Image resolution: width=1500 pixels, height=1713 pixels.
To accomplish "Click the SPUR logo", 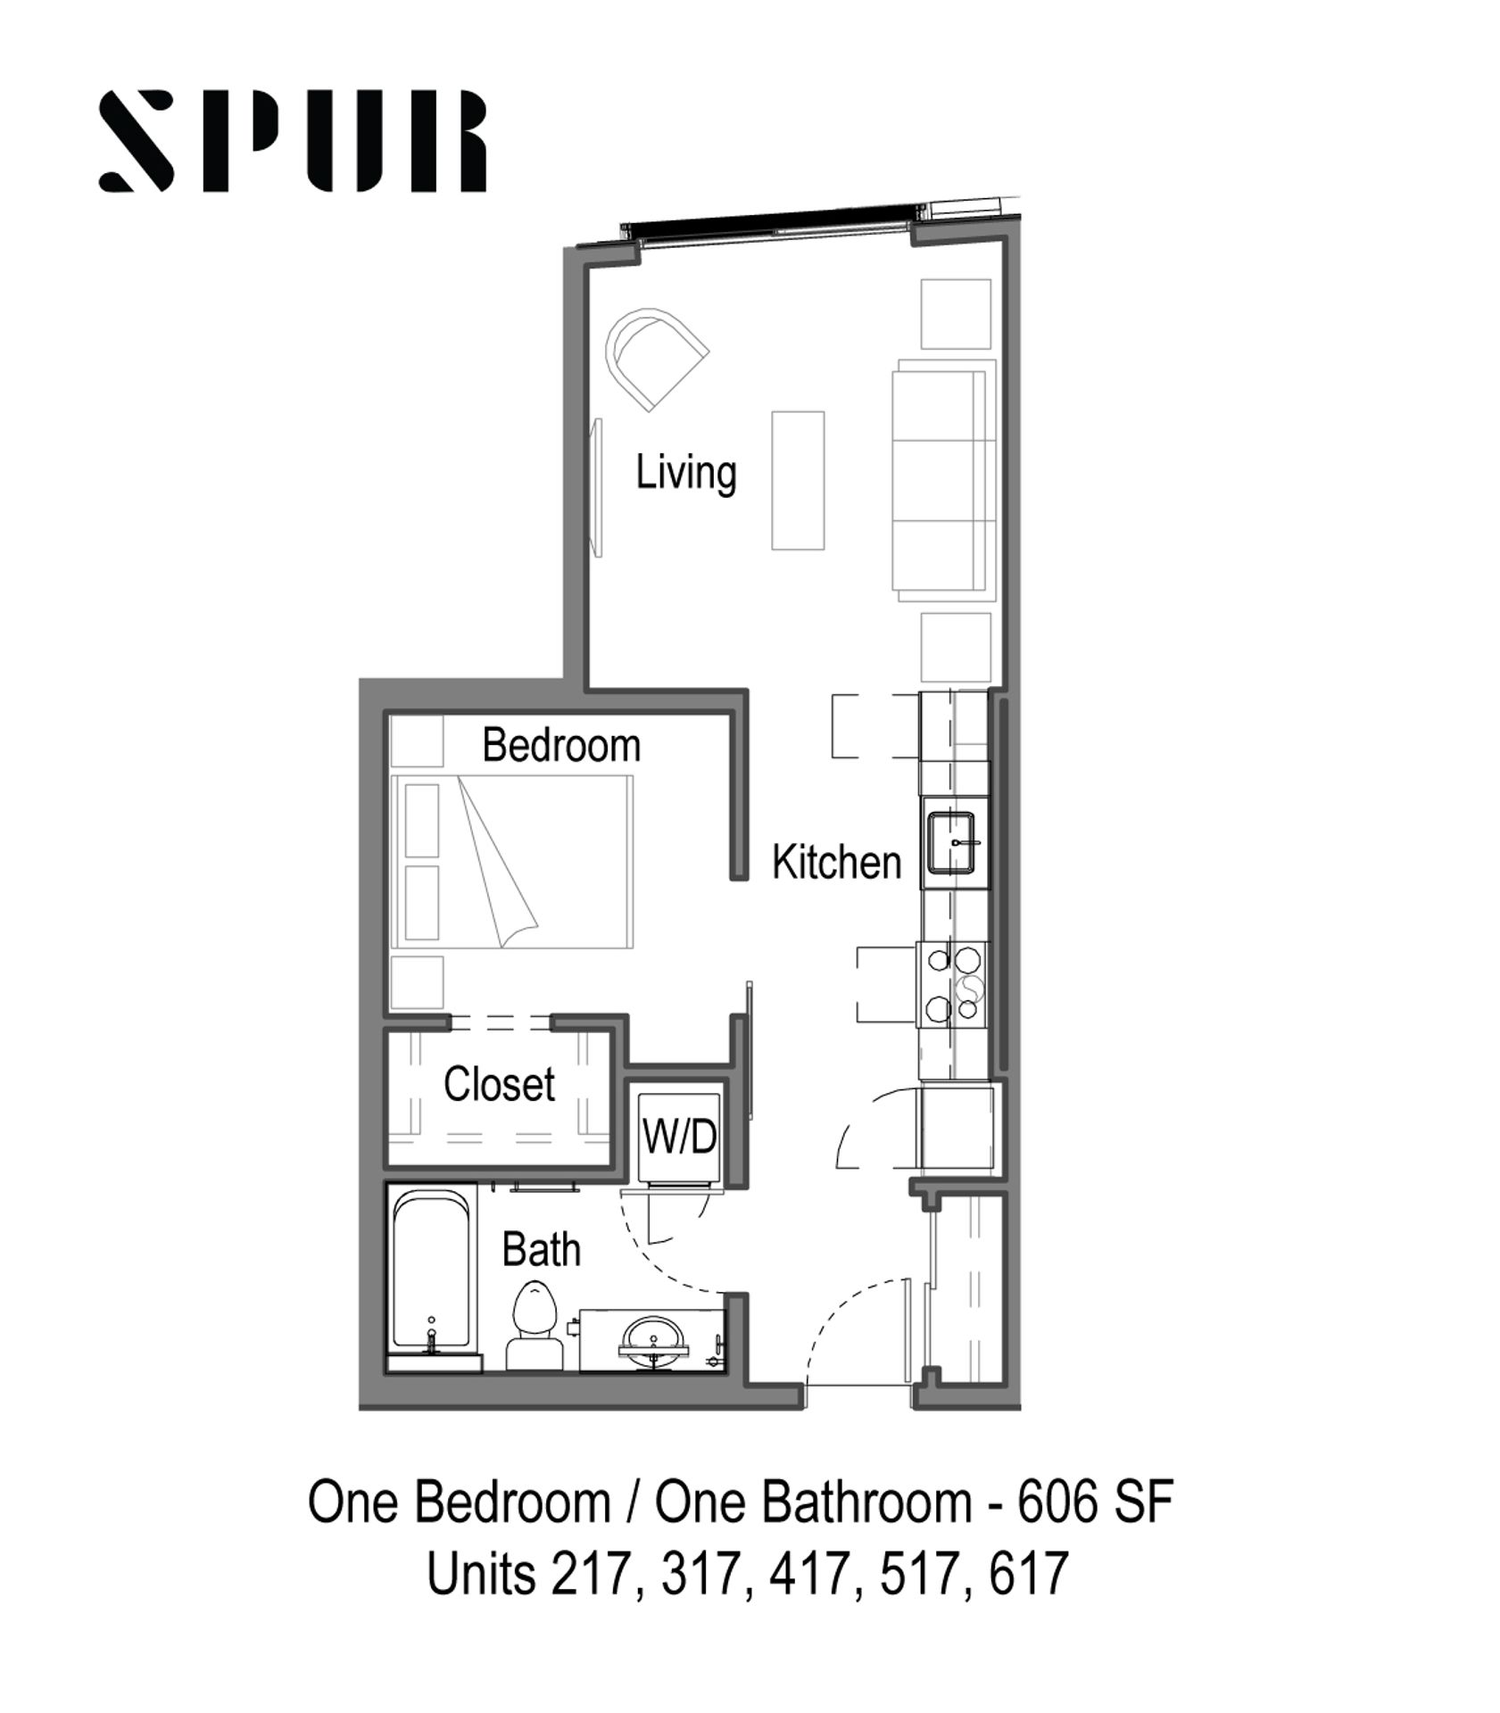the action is [x=293, y=141].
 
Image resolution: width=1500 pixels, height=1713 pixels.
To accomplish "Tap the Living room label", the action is [x=685, y=473].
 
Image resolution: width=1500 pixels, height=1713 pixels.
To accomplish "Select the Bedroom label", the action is [x=561, y=745].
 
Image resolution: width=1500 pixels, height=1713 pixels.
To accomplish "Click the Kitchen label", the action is [x=836, y=863].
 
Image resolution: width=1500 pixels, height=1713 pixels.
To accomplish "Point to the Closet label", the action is [x=499, y=1084].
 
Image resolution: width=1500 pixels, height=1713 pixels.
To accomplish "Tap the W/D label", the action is [x=680, y=1138].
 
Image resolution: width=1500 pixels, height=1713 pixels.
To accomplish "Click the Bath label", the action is [x=541, y=1249].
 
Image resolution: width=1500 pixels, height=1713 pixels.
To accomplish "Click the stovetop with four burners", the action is [x=953, y=985].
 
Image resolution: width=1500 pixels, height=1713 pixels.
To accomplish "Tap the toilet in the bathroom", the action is [x=535, y=1325].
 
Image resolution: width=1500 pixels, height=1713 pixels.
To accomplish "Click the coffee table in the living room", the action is [x=798, y=480].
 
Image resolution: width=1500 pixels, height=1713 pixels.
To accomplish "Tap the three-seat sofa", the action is [x=944, y=479].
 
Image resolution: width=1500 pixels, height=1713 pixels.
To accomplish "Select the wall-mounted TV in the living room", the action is [x=597, y=487].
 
